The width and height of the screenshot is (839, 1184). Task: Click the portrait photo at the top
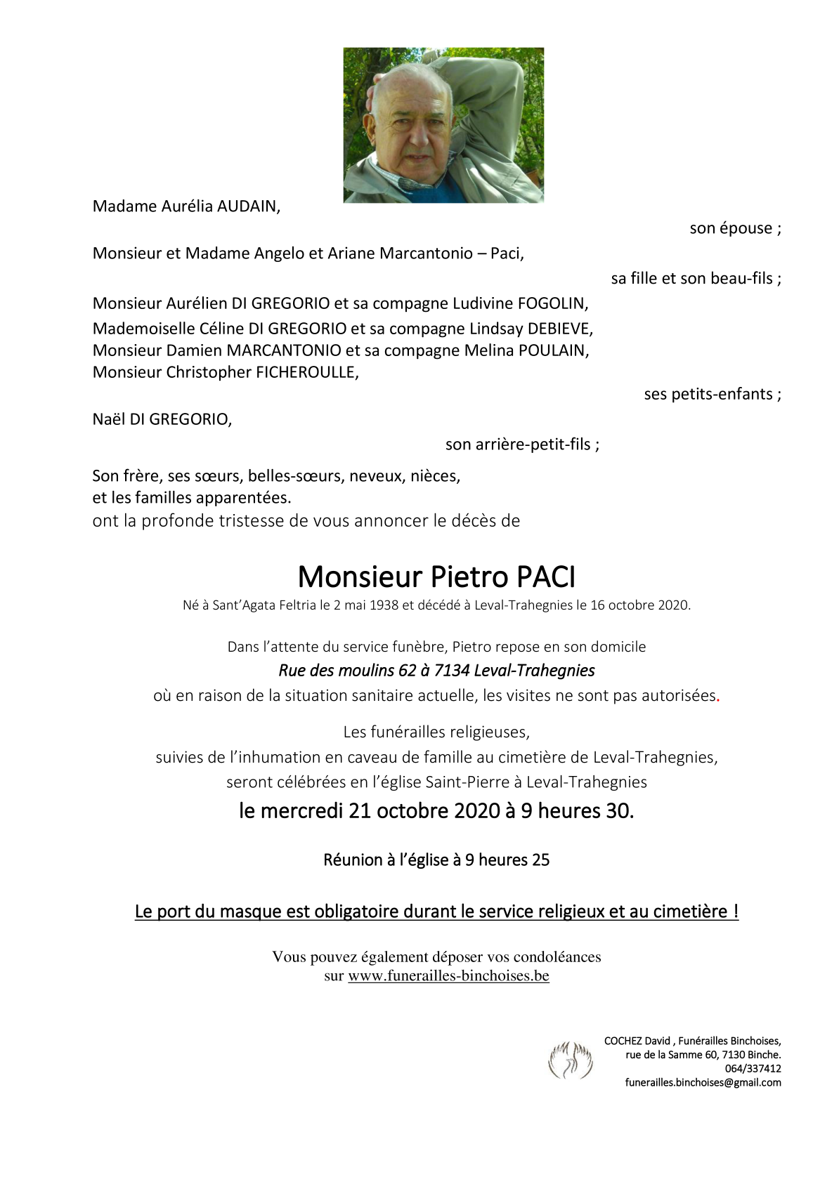pos(443,125)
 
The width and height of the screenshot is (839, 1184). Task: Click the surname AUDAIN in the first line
pos(248,206)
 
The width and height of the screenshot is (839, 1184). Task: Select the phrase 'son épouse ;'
pos(735,228)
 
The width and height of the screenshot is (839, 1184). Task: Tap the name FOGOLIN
pos(552,303)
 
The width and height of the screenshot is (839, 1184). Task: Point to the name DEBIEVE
pos(560,328)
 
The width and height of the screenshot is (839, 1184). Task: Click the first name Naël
pos(109,419)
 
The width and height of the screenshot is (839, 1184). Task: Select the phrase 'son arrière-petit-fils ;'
pos(522,445)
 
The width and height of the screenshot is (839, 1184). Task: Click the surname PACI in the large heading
pos(546,577)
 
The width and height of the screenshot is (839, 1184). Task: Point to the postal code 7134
pos(452,671)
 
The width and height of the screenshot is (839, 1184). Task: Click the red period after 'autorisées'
pos(718,697)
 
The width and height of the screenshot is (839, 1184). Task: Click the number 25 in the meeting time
pos(540,860)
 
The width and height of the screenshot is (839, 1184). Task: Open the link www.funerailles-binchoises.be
pos(448,975)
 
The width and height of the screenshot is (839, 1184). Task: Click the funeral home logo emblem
pos(571,1060)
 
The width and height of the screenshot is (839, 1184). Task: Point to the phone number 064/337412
pos(753,1069)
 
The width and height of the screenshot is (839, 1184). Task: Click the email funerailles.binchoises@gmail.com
pos(703,1083)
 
